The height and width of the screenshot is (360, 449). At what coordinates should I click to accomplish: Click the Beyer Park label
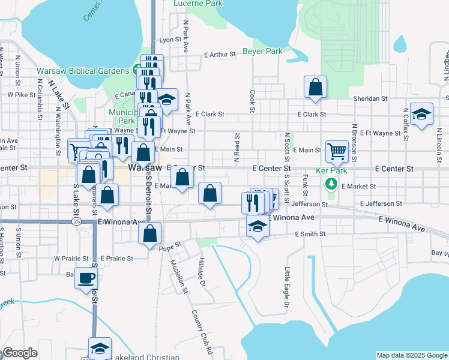[262, 52]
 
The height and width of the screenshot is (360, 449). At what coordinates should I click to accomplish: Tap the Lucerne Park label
[198, 3]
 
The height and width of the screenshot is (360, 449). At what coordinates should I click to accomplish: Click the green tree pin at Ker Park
[330, 183]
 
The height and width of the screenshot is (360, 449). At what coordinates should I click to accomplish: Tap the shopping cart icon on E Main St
[337, 151]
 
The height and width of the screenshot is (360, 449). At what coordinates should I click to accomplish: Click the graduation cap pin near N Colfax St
[422, 115]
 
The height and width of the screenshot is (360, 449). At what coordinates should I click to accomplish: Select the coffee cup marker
[86, 277]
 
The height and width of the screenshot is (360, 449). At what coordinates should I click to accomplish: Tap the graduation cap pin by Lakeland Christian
[100, 348]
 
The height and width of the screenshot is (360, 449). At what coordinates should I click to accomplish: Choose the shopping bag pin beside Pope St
[150, 233]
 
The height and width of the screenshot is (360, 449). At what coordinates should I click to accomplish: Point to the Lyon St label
[166, 40]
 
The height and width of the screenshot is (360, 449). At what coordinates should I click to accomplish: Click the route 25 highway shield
[76, 221]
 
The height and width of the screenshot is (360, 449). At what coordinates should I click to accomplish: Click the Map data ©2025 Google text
[411, 355]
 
